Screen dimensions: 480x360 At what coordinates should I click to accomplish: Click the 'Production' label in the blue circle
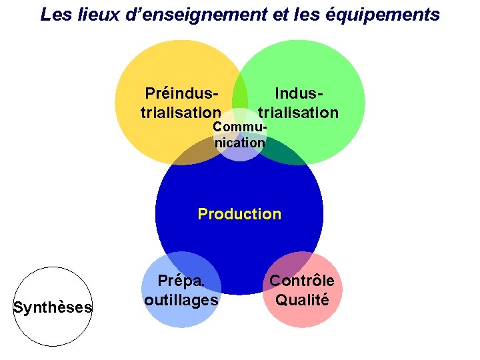(x=239, y=214)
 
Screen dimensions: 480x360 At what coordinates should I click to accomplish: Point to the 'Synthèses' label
(x=53, y=307)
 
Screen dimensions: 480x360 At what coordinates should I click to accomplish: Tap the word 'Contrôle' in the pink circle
(x=302, y=281)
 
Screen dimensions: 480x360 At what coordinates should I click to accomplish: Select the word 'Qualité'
(x=302, y=299)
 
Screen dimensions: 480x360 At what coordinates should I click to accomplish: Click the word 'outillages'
(x=181, y=299)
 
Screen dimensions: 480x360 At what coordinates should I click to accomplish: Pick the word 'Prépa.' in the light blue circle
(x=180, y=281)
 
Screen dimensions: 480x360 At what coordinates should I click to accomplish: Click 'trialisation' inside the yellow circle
(x=181, y=112)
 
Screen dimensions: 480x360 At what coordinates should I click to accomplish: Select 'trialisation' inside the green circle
(x=298, y=112)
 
